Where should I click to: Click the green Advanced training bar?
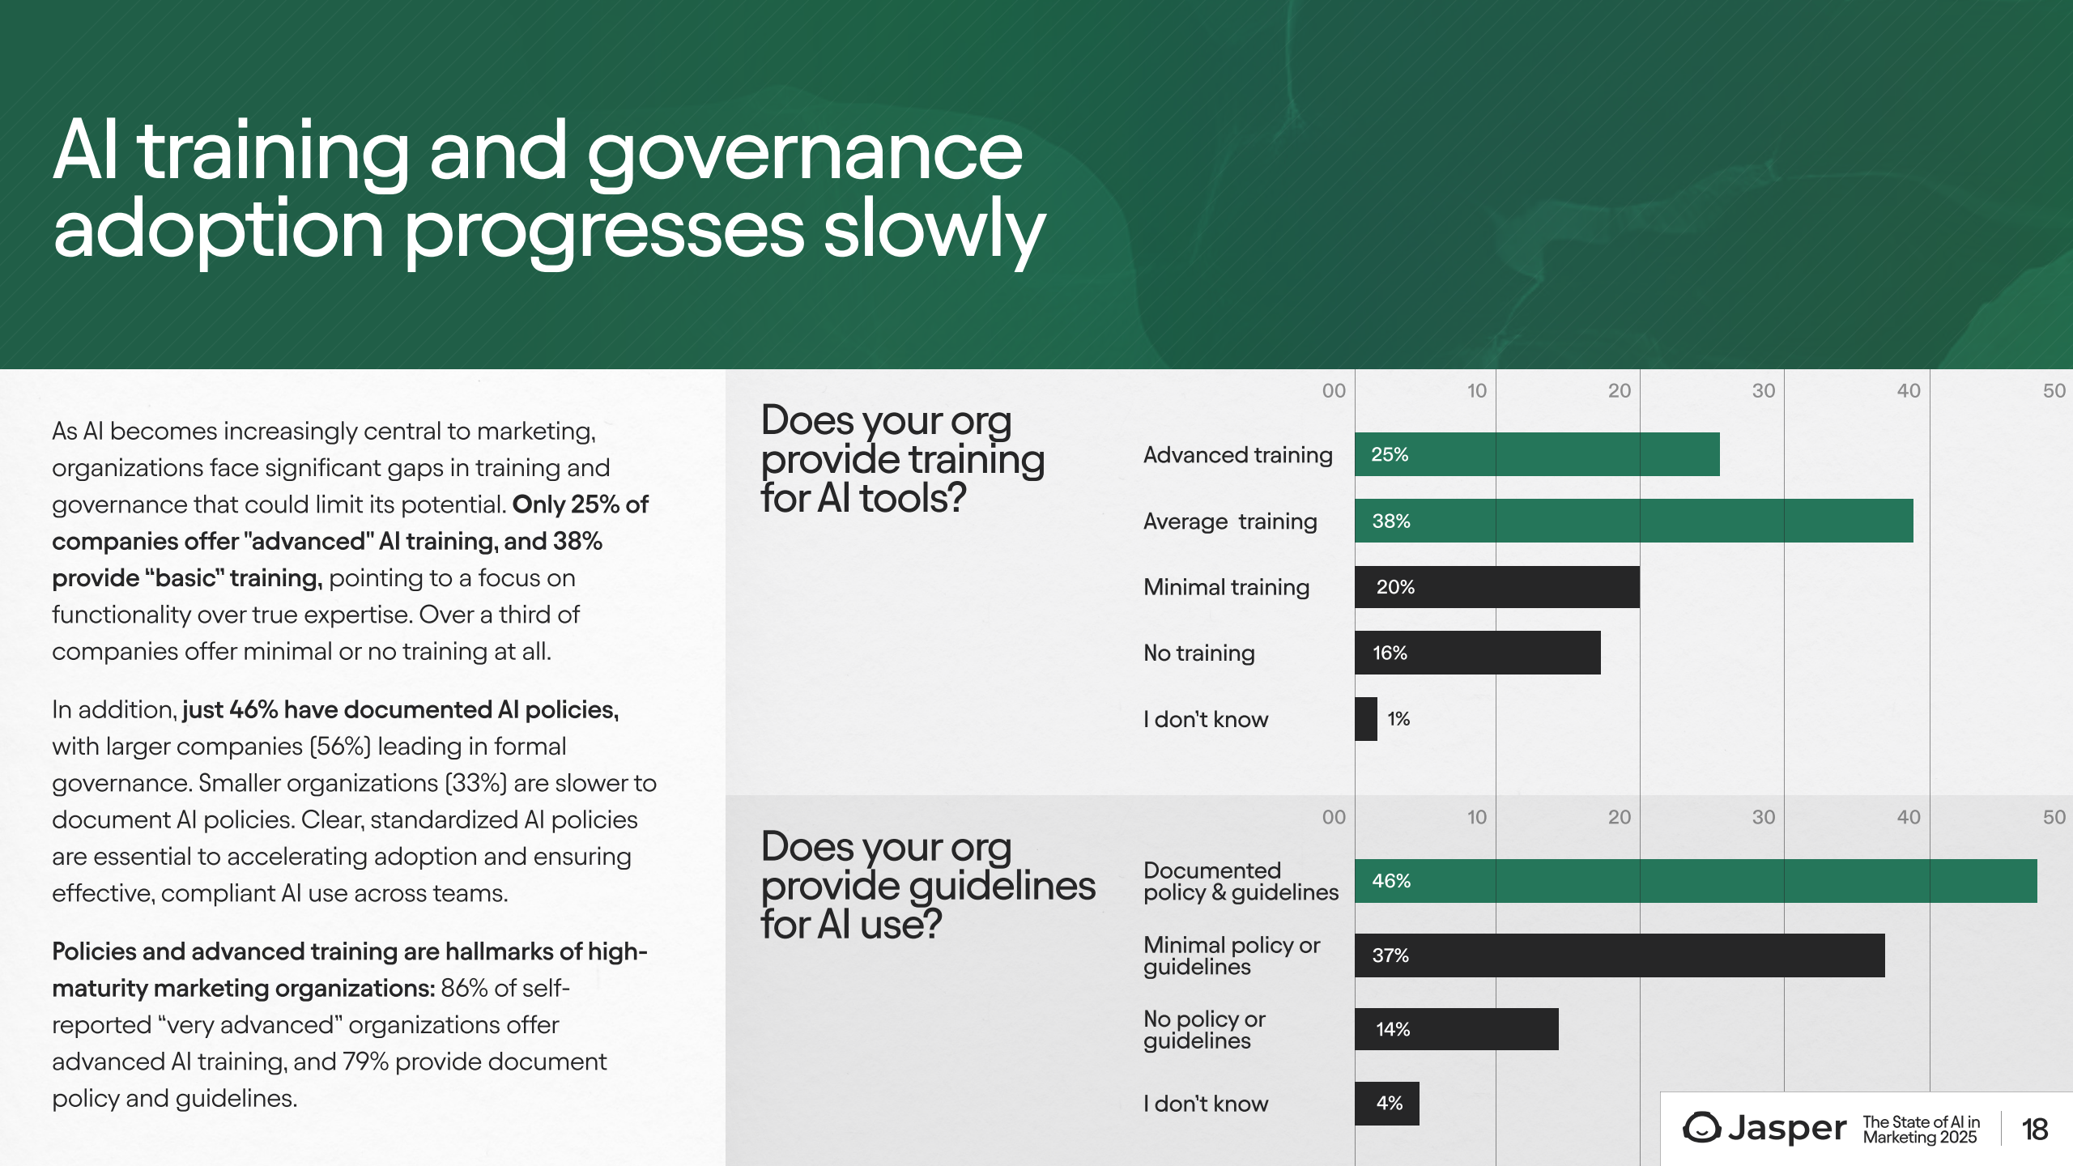point(1537,454)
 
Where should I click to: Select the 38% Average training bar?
point(1634,521)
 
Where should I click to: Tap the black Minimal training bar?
point(1497,587)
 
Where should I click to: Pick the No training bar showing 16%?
point(1478,653)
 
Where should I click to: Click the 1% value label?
point(1398,719)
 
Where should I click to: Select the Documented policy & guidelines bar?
point(1696,881)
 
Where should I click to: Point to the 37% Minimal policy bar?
point(1620,955)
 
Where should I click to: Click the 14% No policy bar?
point(1457,1029)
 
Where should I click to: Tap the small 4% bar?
point(1387,1104)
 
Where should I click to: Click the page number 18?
point(2034,1130)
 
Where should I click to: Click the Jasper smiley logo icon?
point(1702,1128)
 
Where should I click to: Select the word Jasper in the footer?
point(1787,1129)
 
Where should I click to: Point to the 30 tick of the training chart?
point(1764,391)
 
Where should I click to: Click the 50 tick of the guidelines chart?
point(2054,818)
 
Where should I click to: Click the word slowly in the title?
point(934,230)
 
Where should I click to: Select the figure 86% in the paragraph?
point(464,988)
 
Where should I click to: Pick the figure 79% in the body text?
point(366,1062)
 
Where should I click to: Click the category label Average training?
point(1230,521)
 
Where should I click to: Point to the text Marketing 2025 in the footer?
point(1920,1138)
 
